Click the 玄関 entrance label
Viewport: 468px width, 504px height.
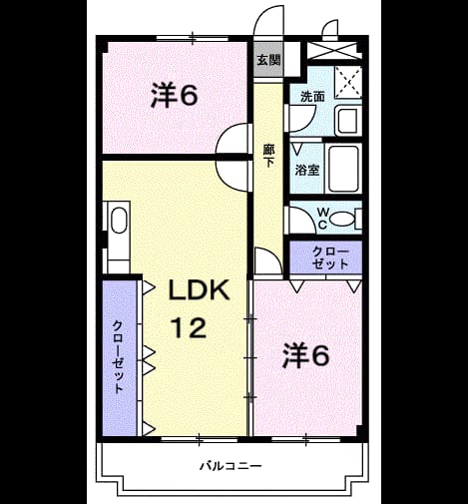(268, 60)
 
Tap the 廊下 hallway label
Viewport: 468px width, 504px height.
(269, 156)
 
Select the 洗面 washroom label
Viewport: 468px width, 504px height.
(312, 97)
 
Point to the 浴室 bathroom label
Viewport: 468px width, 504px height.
(307, 170)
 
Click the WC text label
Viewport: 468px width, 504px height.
(322, 219)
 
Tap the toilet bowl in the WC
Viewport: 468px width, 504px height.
(342, 220)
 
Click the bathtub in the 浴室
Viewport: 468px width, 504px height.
(343, 169)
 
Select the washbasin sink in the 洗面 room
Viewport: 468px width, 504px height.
(348, 121)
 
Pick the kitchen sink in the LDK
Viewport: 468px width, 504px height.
(119, 221)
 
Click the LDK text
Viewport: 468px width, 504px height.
(200, 289)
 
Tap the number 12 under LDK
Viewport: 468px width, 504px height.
(189, 327)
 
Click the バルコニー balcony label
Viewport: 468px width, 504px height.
(231, 466)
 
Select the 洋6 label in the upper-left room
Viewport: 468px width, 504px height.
(175, 95)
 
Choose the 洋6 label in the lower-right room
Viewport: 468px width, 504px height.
(306, 355)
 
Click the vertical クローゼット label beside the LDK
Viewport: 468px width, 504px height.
(118, 356)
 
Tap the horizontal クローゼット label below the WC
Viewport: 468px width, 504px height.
(330, 258)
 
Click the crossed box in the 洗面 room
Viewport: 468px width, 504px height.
(348, 82)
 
